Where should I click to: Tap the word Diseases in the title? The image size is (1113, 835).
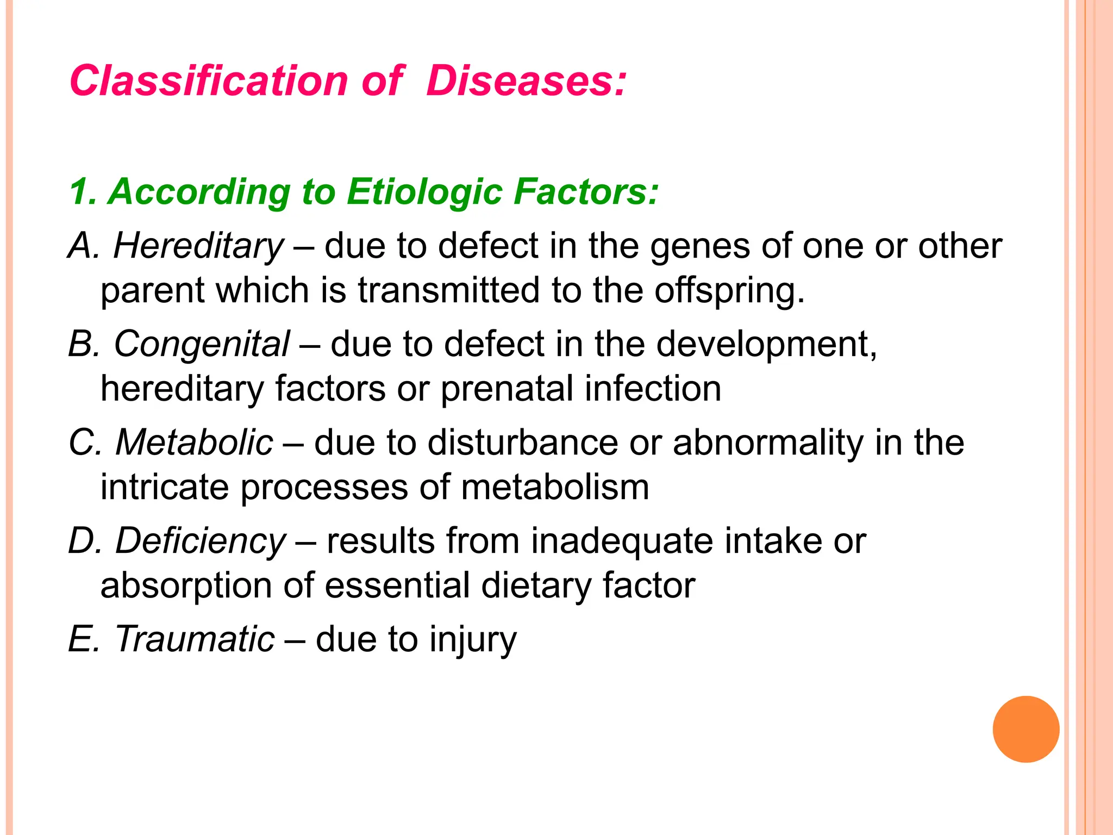(x=526, y=81)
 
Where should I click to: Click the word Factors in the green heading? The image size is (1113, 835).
(x=586, y=191)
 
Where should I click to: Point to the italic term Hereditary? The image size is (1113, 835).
(x=198, y=246)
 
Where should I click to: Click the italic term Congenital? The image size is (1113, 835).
(x=202, y=344)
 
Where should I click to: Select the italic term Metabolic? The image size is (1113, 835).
(x=194, y=442)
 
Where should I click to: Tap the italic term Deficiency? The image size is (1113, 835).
(x=201, y=541)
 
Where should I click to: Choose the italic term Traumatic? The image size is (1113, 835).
(x=195, y=639)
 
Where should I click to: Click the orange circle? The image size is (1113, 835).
(x=1026, y=729)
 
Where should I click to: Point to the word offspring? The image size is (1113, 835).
(x=728, y=291)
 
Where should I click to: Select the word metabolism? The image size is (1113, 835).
(x=555, y=487)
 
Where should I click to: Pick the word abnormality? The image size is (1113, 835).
(x=767, y=442)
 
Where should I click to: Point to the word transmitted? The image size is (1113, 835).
(x=448, y=290)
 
